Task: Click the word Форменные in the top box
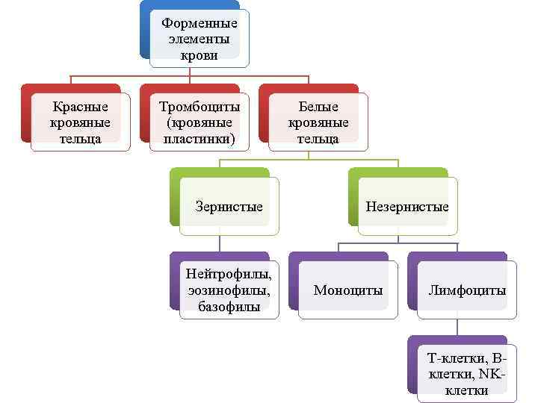pyautogui.click(x=200, y=23)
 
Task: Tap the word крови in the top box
pyautogui.click(x=200, y=55)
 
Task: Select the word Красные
pyautogui.click(x=81, y=107)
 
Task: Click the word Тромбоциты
pyautogui.click(x=200, y=107)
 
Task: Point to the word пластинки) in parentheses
pyautogui.click(x=200, y=139)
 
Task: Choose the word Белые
pyautogui.click(x=318, y=107)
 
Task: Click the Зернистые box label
pyautogui.click(x=229, y=207)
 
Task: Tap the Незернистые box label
pyautogui.click(x=407, y=207)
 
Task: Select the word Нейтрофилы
pyautogui.click(x=229, y=274)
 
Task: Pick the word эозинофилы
pyautogui.click(x=229, y=290)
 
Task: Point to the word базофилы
pyautogui.click(x=229, y=306)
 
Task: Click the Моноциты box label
pyautogui.click(x=348, y=290)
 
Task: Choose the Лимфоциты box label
pyautogui.click(x=467, y=290)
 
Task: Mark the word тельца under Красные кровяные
pyautogui.click(x=81, y=139)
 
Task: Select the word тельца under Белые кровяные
pyautogui.click(x=318, y=139)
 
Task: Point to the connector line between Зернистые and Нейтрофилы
pyautogui.click(x=220, y=243)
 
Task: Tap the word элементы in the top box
pyautogui.click(x=200, y=39)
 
